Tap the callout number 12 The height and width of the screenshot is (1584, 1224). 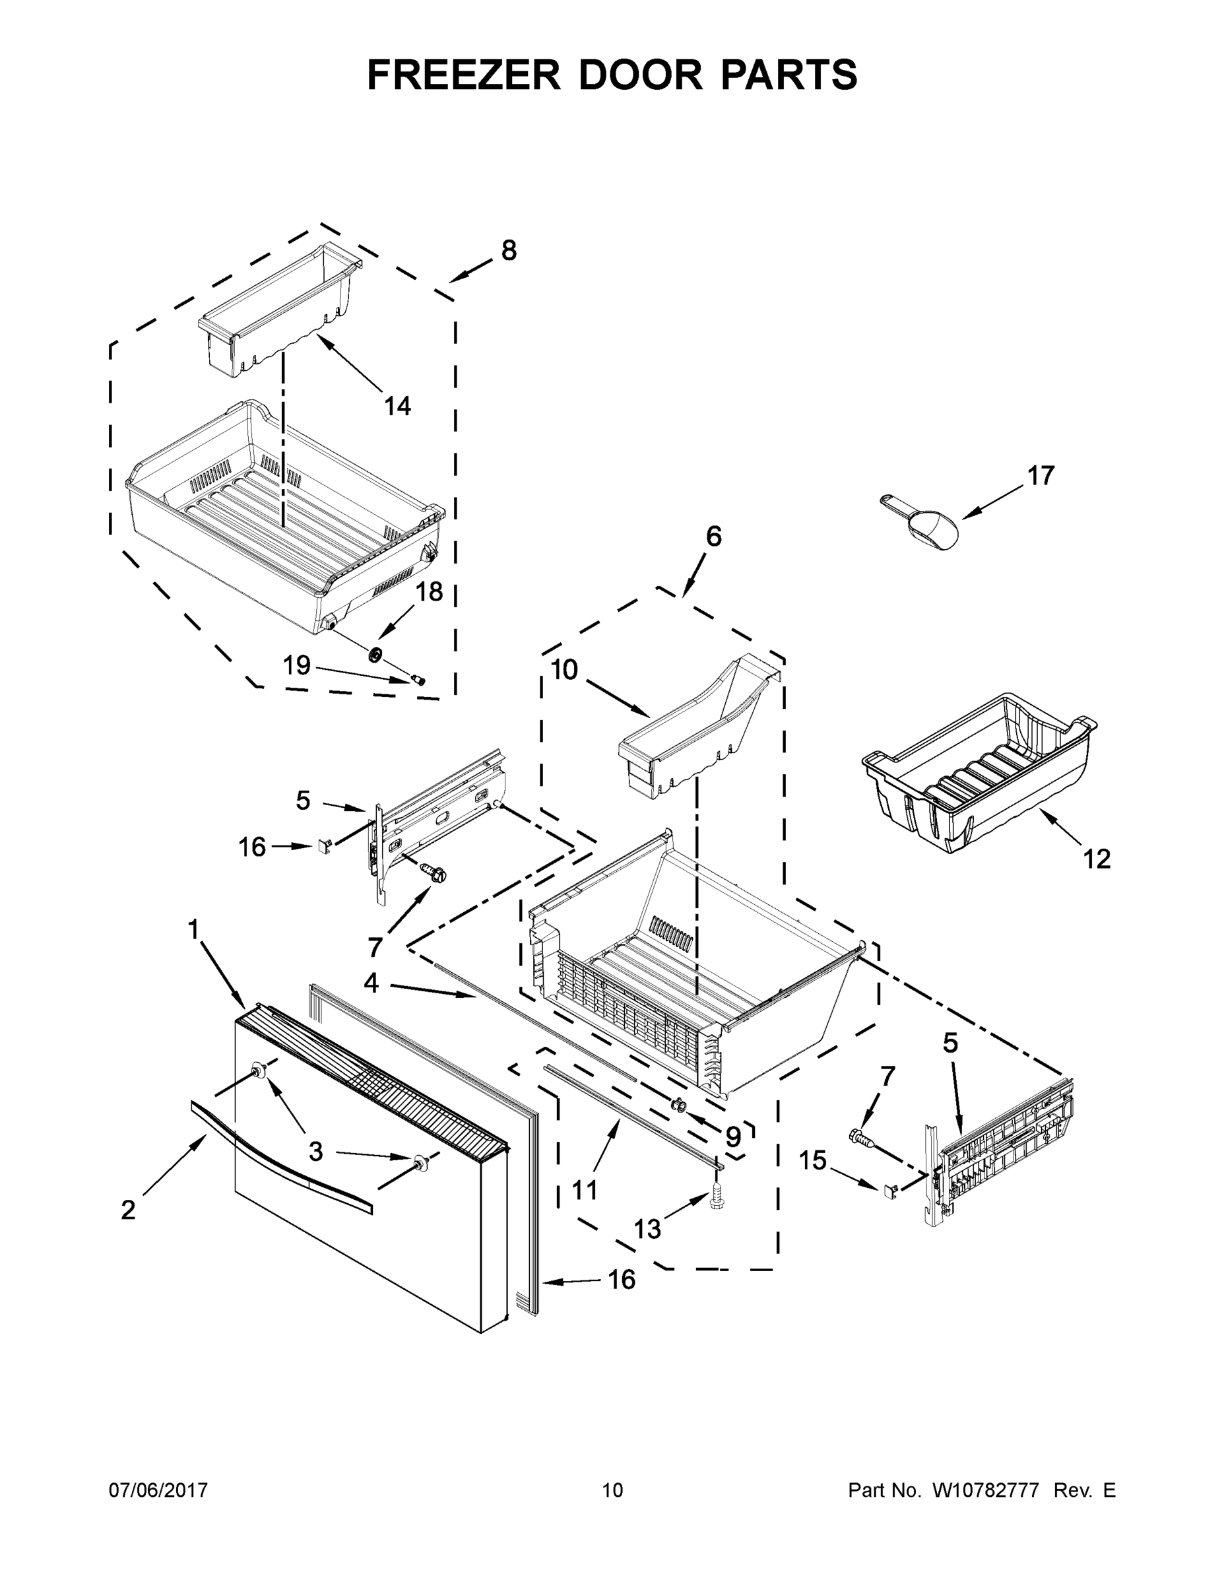coord(1097,859)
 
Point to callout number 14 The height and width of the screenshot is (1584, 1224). coord(397,406)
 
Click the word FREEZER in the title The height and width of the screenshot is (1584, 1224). coord(463,75)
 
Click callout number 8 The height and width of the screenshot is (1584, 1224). coord(509,251)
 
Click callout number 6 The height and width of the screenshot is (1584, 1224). coord(713,537)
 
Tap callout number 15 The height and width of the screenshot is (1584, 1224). coord(813,1160)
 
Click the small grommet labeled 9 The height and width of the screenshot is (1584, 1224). coord(680,1104)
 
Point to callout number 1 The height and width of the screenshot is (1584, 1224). coord(193,929)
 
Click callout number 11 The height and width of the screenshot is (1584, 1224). coord(585,1189)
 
